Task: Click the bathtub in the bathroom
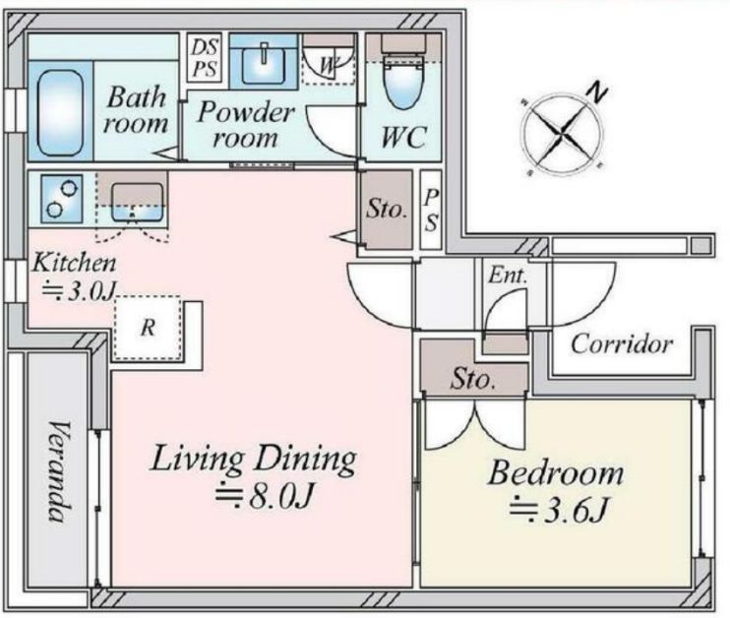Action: pyautogui.click(x=59, y=113)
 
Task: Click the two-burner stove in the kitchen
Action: pyautogui.click(x=62, y=199)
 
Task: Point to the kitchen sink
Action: pyautogui.click(x=137, y=203)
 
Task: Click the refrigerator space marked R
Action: pyautogui.click(x=148, y=328)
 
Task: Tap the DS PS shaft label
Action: pyautogui.click(x=205, y=58)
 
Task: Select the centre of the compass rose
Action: pyautogui.click(x=564, y=133)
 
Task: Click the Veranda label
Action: pyautogui.click(x=60, y=471)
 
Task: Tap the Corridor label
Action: pyautogui.click(x=622, y=344)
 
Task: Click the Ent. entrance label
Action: pyautogui.click(x=508, y=276)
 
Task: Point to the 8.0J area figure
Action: pyautogui.click(x=264, y=496)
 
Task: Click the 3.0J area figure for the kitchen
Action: pyautogui.click(x=79, y=290)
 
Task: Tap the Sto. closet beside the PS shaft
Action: pyautogui.click(x=387, y=210)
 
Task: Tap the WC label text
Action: pyautogui.click(x=403, y=137)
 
